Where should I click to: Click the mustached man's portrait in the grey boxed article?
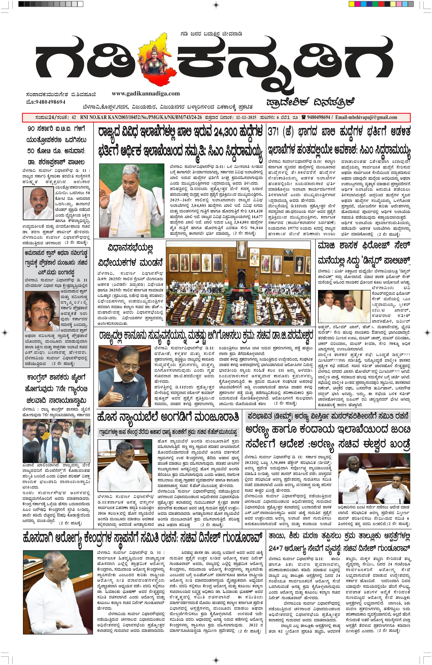tap(42, 311)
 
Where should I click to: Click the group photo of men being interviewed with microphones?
tap(56, 441)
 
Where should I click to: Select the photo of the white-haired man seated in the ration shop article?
tap(125, 465)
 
